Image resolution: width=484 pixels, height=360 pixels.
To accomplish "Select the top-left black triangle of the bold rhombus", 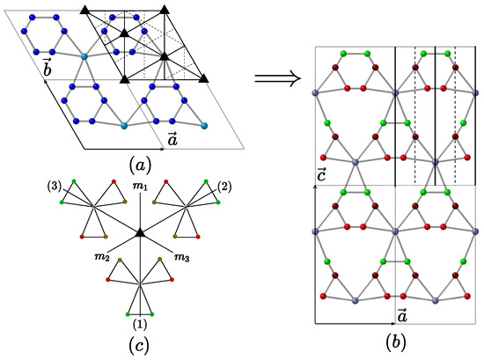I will (x=85, y=9).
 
